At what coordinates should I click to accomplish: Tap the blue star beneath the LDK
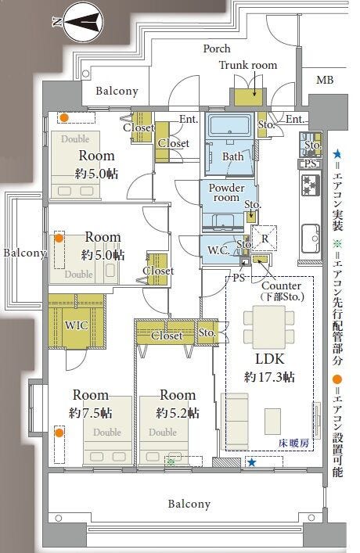click(x=251, y=462)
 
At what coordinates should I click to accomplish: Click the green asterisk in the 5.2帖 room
click(x=171, y=461)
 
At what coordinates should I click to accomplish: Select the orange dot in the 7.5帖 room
click(x=59, y=433)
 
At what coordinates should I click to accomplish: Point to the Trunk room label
click(x=248, y=65)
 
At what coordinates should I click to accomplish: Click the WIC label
click(x=76, y=325)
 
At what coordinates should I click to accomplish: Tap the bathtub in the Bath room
click(x=229, y=126)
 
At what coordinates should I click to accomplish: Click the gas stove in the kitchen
click(x=310, y=185)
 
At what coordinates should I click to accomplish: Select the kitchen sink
click(x=311, y=239)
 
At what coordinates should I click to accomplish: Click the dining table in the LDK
click(x=269, y=327)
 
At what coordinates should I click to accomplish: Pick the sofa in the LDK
click(x=235, y=420)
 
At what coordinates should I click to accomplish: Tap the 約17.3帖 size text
click(x=269, y=377)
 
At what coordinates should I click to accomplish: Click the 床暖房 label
click(x=293, y=443)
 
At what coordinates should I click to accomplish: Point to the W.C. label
click(x=219, y=250)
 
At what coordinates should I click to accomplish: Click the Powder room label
click(x=227, y=192)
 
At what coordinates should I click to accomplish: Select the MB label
click(x=325, y=80)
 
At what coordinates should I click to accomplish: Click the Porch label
click(x=217, y=48)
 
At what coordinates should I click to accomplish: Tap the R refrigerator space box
click(x=264, y=238)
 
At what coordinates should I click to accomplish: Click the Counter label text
click(x=281, y=285)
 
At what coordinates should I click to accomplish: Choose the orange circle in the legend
click(x=337, y=380)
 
